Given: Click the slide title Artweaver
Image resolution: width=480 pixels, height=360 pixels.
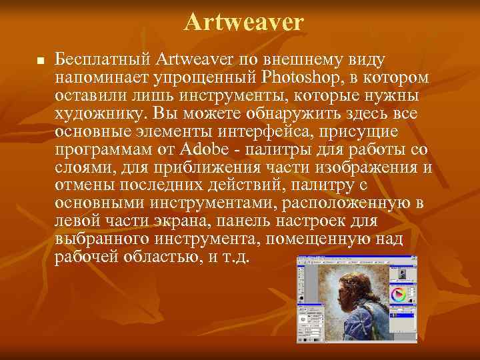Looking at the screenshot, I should pos(243,22).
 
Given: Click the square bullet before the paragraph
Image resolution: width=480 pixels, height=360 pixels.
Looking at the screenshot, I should pos(39,61).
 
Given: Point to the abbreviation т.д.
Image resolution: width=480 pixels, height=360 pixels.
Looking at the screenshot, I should pos(235,256).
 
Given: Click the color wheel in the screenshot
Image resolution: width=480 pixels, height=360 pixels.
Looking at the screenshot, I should pos(399,294).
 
